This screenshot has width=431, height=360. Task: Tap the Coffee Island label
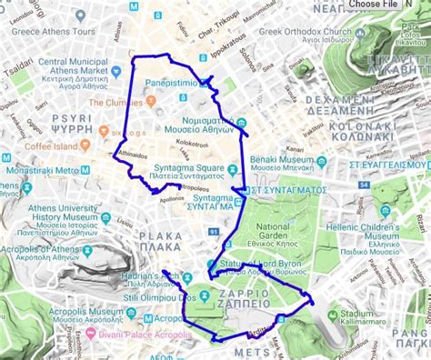click(51, 145)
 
